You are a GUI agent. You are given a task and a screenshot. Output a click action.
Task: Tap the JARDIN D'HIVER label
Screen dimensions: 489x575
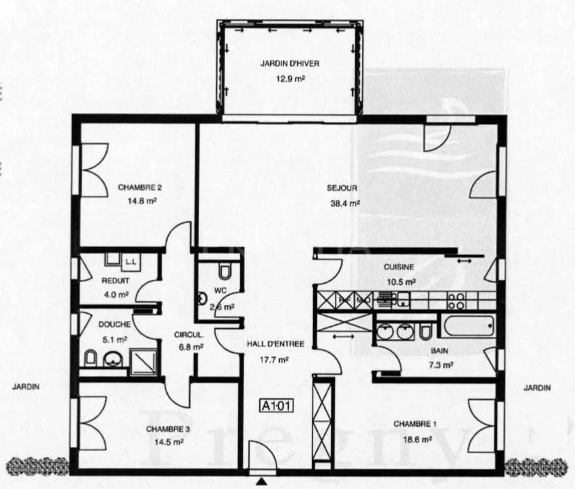(x=290, y=63)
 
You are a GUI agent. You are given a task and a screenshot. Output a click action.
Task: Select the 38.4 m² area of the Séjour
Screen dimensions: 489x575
(x=345, y=203)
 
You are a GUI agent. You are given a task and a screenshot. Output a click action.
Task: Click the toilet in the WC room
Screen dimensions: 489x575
(x=224, y=272)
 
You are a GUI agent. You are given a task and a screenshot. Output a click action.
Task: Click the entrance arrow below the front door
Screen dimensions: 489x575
(x=261, y=482)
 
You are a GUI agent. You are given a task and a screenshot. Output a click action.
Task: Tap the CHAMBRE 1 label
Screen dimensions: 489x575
(x=415, y=424)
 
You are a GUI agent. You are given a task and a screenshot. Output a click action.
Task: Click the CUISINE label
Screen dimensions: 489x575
(x=399, y=267)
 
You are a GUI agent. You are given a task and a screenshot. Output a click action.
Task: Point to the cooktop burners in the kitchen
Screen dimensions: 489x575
(x=456, y=302)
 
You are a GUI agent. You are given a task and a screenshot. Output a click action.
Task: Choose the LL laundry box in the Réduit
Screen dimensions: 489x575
(x=131, y=262)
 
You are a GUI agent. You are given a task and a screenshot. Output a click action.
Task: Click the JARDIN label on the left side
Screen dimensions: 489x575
(x=26, y=386)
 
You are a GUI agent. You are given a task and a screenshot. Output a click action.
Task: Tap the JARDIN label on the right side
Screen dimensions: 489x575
(x=537, y=388)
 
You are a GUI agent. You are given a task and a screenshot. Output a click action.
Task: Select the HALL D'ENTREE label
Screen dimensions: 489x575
(x=276, y=344)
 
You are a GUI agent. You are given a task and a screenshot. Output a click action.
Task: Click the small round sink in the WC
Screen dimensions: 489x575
(x=202, y=298)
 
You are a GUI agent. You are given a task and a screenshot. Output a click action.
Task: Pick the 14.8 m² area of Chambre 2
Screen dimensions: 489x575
(x=142, y=201)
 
